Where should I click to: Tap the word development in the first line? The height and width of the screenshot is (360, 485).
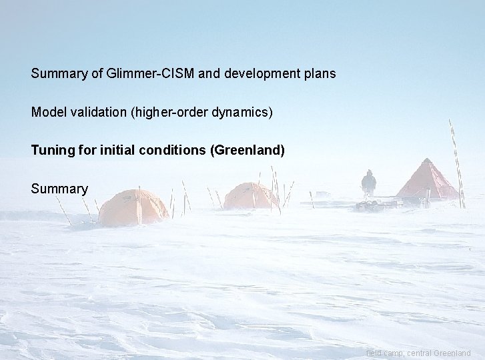[258, 73]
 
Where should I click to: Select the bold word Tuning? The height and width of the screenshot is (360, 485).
[49, 150]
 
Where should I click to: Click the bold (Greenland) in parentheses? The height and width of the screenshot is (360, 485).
[248, 150]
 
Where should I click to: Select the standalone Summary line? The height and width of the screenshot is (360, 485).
[59, 189]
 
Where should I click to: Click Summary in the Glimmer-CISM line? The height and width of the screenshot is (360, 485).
[59, 73]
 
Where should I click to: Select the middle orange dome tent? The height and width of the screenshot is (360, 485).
[251, 196]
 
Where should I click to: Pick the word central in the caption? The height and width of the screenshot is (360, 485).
[416, 353]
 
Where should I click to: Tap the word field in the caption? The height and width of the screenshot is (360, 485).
[374, 353]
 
